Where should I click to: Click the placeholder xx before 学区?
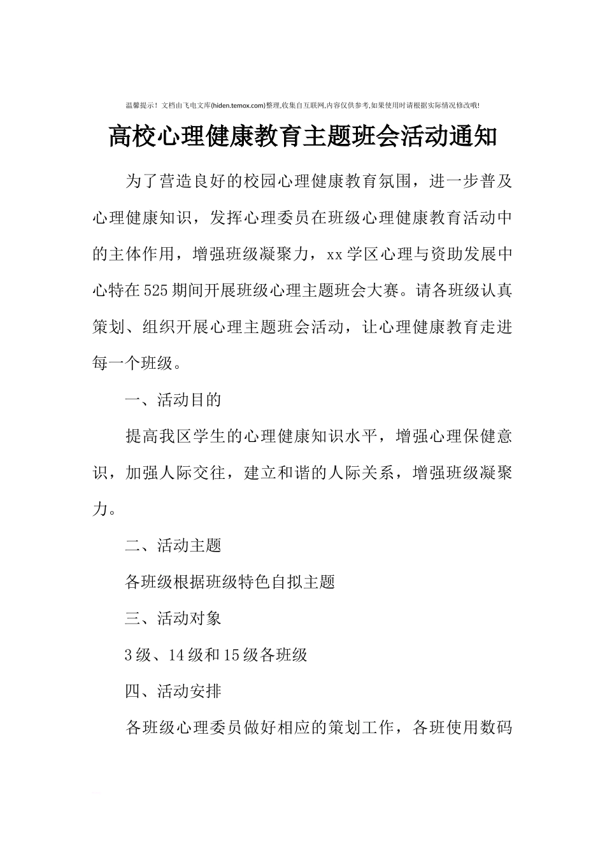(335, 255)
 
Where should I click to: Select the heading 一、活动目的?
(173, 400)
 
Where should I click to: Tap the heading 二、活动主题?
(173, 545)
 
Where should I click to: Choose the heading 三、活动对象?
(173, 618)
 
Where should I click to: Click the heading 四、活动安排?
(173, 690)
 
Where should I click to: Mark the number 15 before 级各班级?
(231, 654)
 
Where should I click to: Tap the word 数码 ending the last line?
(496, 727)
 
